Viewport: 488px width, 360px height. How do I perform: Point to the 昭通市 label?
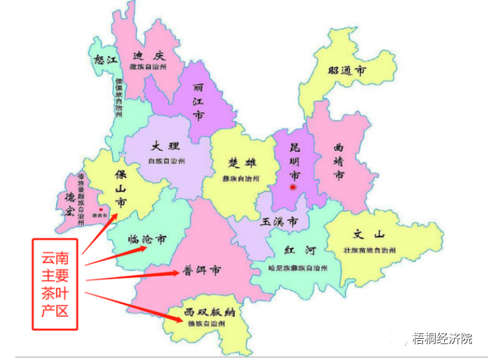[x=347, y=71]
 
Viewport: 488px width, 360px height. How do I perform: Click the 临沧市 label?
[x=148, y=239]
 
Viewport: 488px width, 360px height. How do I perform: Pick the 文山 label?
[x=368, y=235]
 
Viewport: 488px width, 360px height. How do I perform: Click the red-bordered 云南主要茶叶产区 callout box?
[x=54, y=283]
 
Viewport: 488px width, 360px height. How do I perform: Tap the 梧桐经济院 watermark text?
[x=443, y=339]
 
